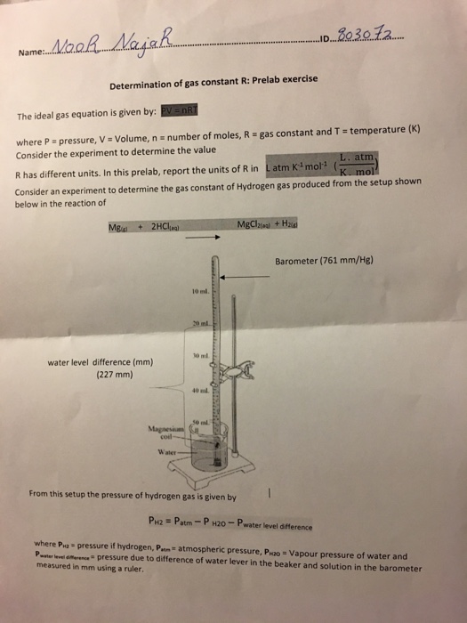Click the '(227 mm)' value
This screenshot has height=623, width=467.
(113, 375)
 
